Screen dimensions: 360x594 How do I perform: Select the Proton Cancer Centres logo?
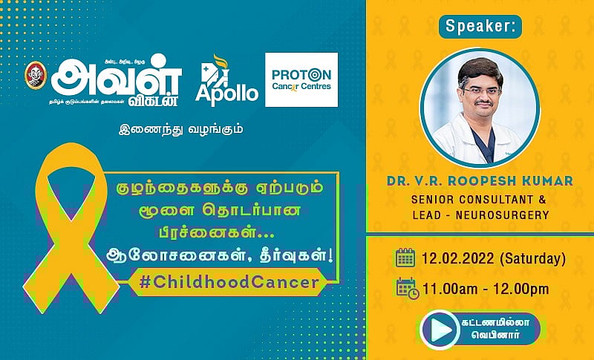pyautogui.click(x=301, y=79)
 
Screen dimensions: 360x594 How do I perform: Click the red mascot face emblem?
pyautogui.click(x=33, y=76)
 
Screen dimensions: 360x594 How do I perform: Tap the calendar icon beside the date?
pyautogui.click(x=405, y=258)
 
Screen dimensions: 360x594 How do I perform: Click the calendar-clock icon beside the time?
pyautogui.click(x=407, y=288)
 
